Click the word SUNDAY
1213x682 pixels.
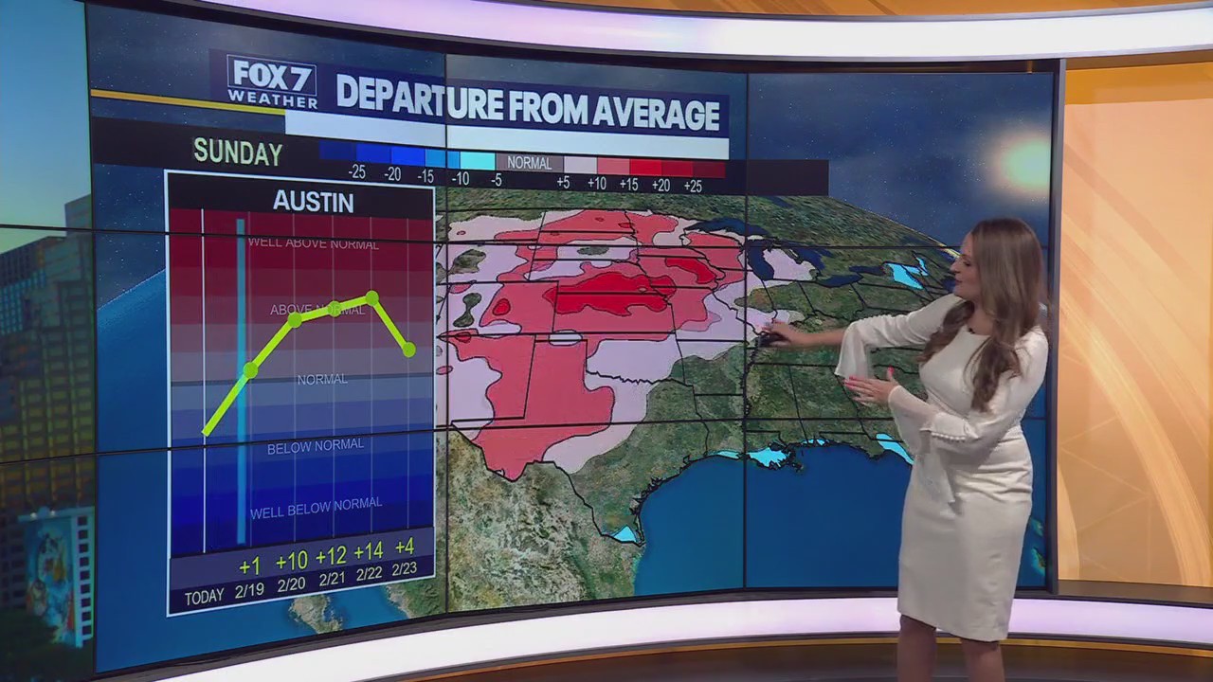coord(238,153)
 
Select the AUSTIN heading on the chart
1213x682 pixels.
coord(314,202)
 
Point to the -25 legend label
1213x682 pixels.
coord(356,173)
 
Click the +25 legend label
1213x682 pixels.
coord(693,185)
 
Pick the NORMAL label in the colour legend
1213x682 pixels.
coord(529,163)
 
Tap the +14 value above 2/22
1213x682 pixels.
coord(368,549)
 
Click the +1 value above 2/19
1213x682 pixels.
coord(249,566)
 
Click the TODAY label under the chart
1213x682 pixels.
coord(205,597)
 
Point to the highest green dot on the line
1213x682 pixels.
coord(372,297)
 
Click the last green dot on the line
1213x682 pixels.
coord(408,350)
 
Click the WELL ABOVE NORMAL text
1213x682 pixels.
coord(313,243)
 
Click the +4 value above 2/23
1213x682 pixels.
coord(405,547)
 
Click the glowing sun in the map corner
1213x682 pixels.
coord(1025,162)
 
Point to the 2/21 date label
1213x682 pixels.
coord(331,579)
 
